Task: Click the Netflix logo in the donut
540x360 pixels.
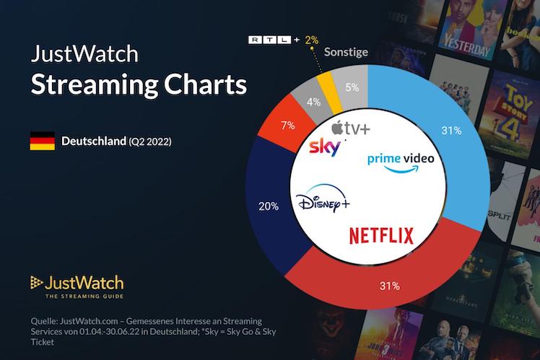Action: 381,235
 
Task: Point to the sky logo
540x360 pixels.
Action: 324,148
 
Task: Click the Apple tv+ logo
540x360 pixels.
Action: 350,130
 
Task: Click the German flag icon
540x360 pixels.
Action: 42,141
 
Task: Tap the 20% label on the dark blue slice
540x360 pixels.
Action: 269,206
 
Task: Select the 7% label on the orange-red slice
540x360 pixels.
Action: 287,125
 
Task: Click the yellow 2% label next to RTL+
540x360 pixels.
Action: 311,40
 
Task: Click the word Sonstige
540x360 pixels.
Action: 346,52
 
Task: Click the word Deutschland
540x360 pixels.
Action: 93,140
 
